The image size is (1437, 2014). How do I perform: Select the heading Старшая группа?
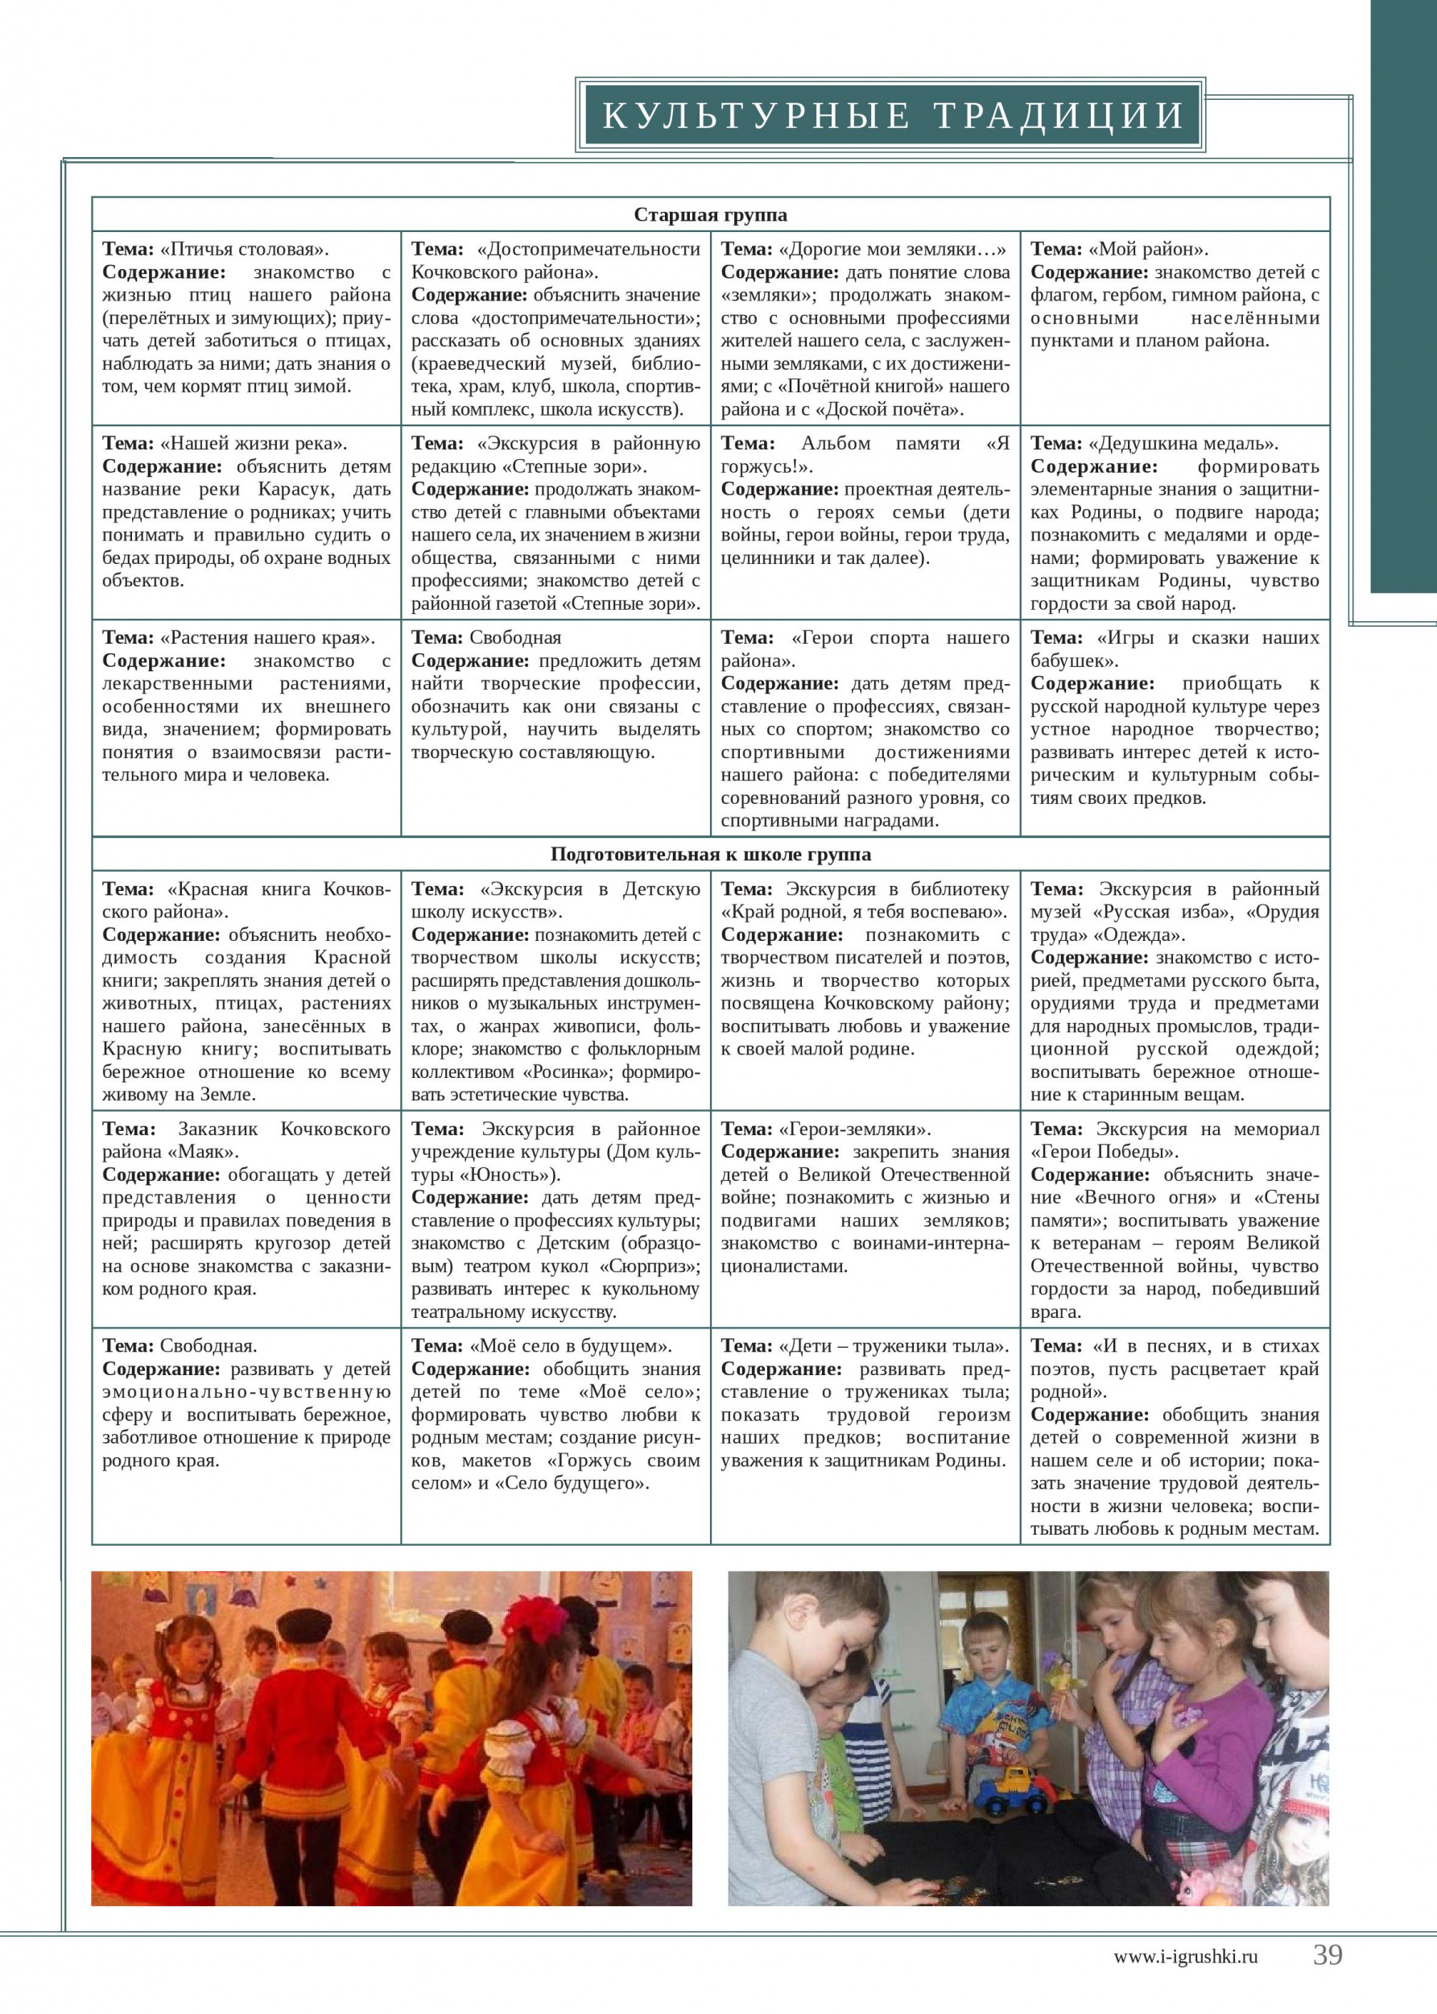pos(710,215)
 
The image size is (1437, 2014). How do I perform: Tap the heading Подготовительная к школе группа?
pos(710,854)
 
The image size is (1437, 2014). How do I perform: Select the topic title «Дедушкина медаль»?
pos(1183,444)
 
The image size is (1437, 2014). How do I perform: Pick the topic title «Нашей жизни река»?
pos(253,444)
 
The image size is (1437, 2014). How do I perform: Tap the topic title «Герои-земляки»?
pos(854,1129)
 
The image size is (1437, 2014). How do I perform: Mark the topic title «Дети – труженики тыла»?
pos(893,1346)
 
